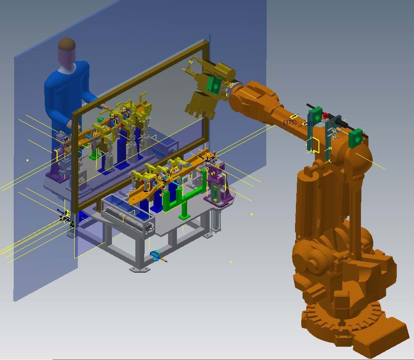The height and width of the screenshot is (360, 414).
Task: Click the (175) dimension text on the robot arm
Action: pos(291,122)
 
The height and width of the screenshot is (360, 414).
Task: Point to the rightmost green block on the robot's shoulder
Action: pos(355,138)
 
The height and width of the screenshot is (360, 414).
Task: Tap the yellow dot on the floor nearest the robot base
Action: pos(231,262)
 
